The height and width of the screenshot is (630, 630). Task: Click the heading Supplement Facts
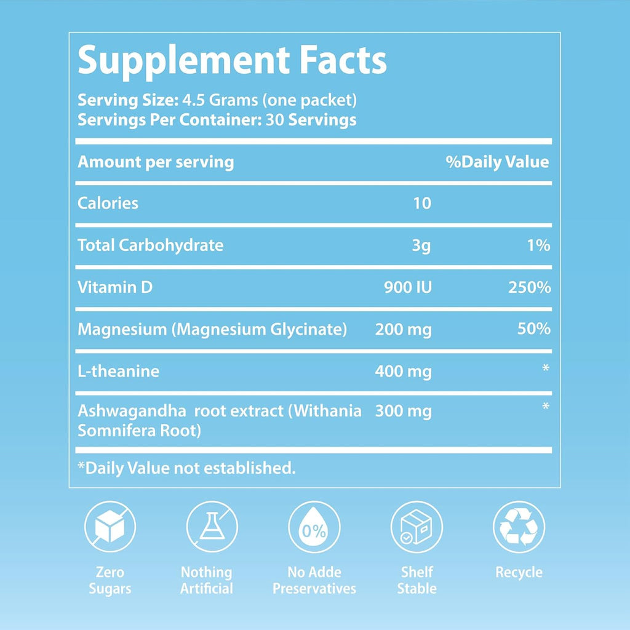233,60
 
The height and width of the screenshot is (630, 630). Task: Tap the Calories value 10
422,203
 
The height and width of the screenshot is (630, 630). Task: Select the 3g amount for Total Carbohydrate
422,245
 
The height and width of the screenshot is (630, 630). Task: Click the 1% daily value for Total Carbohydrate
538,245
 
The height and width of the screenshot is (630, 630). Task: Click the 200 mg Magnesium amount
404,330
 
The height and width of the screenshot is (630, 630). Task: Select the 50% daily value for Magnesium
535,329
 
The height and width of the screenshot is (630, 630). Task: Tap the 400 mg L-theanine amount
404,372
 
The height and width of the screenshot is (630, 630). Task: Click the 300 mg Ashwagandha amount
404,411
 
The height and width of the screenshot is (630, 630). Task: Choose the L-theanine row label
118,372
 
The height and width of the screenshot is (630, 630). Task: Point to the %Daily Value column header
497,162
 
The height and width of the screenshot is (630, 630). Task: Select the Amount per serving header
156,162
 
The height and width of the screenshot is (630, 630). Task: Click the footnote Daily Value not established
186,468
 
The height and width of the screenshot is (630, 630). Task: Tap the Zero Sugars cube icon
110,528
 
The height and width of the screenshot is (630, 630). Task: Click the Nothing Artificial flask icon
212,528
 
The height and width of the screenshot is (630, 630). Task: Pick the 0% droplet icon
314,528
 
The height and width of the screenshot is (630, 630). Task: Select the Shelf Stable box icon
417,528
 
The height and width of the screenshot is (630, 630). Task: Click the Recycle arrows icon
519,528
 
